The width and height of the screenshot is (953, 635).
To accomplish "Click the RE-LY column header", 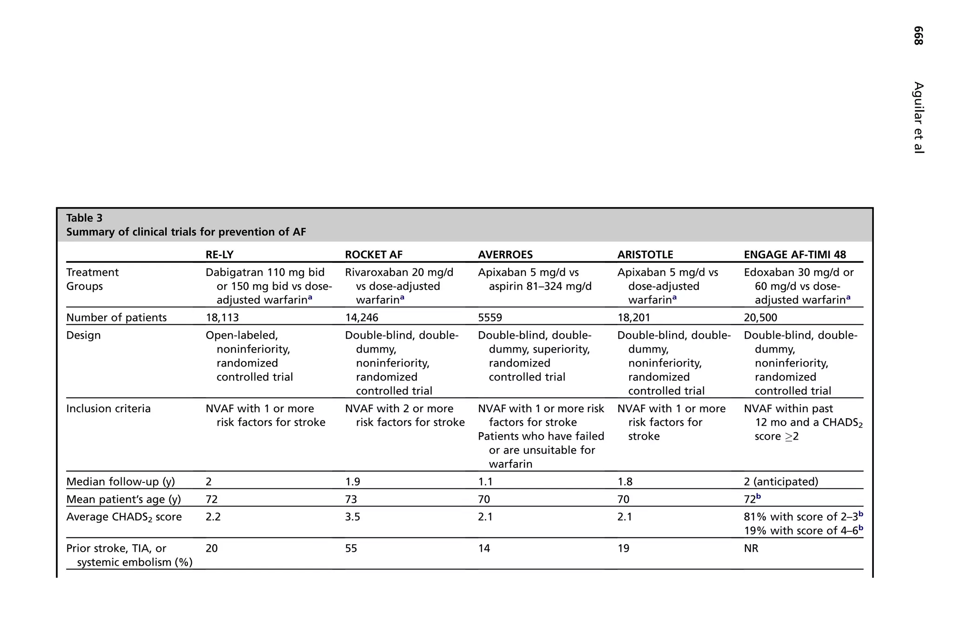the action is tap(219, 254).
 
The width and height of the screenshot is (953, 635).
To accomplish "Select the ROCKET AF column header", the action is tap(373, 254).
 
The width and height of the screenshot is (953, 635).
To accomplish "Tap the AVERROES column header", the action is tap(505, 254).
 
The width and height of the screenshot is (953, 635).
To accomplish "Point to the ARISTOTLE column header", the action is tap(645, 254).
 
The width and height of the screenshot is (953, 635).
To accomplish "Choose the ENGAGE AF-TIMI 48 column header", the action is tap(795, 254).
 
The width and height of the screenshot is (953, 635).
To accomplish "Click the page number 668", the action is tap(918, 36).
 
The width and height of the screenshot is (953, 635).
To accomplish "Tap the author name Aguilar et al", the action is tap(918, 117).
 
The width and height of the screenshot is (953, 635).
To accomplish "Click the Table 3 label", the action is tap(84, 218).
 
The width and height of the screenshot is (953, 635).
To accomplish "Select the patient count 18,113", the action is tap(222, 318).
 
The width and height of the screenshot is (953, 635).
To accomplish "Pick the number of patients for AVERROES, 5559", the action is tap(490, 318).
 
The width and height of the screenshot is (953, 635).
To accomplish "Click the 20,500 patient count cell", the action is tap(760, 318).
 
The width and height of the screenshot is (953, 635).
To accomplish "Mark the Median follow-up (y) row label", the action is tap(121, 481).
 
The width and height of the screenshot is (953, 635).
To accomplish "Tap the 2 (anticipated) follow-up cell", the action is tap(781, 481).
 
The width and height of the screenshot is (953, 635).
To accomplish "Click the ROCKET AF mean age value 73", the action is tap(351, 499).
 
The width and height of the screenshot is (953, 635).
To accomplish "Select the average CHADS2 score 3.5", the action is tap(352, 517).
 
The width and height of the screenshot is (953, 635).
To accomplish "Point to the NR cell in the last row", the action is tap(751, 548).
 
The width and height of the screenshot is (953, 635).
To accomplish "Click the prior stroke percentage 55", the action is tap(351, 548).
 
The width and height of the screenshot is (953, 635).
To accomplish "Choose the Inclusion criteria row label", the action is tap(108, 408).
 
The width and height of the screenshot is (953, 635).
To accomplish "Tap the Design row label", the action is tap(83, 335).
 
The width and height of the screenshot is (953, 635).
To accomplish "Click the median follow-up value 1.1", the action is tap(485, 481).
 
